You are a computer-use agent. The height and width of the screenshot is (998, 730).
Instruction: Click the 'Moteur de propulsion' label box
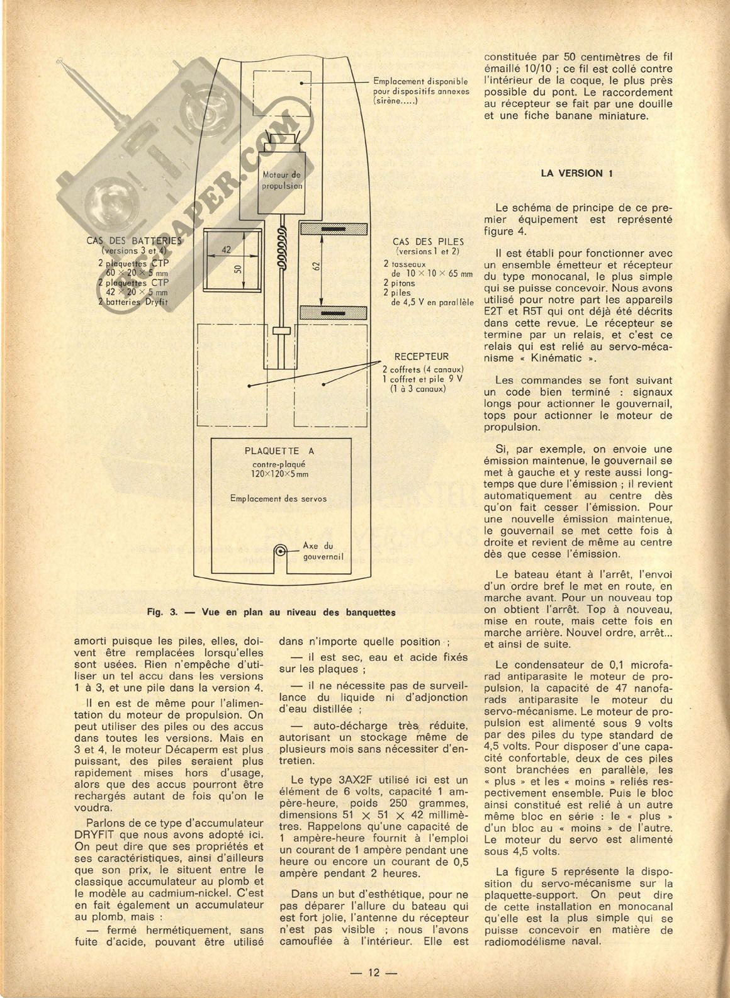pos(282,181)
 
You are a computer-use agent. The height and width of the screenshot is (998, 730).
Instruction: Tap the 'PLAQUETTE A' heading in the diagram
pos(279,451)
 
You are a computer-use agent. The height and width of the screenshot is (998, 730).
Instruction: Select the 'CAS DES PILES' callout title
pos(428,242)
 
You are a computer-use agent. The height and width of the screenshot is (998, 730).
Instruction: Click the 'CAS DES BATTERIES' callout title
pos(133,241)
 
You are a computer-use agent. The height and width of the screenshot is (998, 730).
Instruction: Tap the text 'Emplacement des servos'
pos(278,499)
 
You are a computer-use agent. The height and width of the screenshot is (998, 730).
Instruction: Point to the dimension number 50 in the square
pos(237,269)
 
